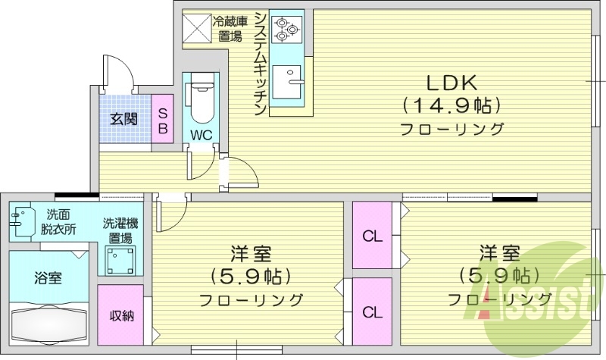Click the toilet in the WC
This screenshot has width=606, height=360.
coord(201,103)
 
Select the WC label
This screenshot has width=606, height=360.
coord(201,136)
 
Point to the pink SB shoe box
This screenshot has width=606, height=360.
coord(162,120)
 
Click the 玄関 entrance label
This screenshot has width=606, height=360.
coord(123,119)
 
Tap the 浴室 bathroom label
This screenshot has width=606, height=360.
coord(49,278)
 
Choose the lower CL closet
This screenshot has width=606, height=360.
coord(372,311)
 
